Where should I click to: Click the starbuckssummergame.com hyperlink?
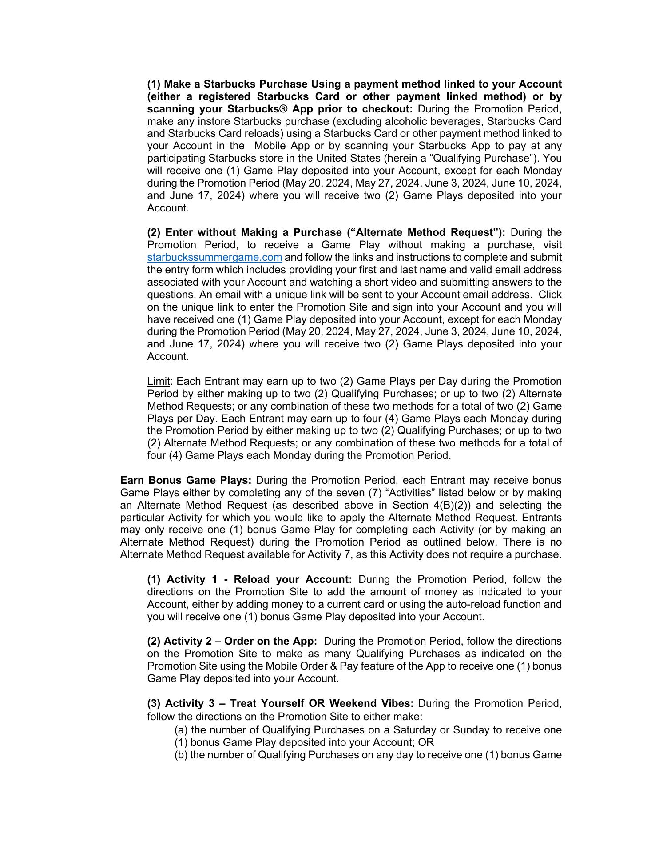click(214, 258)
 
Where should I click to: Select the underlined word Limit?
click(159, 382)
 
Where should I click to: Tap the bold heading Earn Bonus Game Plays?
click(186, 481)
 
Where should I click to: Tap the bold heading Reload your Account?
click(293, 580)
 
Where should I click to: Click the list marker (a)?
click(181, 730)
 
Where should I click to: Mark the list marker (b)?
click(181, 755)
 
